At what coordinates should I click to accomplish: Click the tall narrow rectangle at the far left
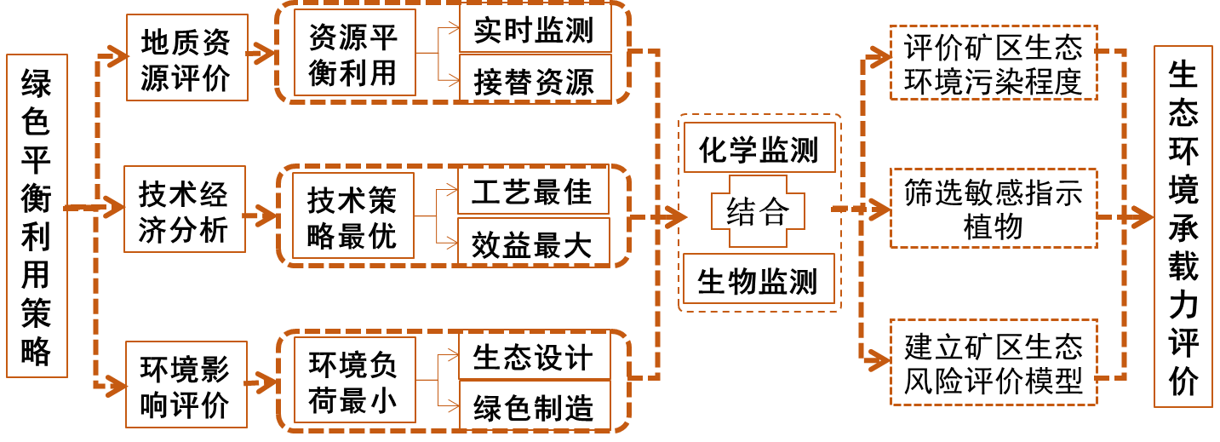tap(37, 215)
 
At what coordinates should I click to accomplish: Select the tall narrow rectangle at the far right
tap(1183, 227)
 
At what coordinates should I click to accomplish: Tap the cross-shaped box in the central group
tap(758, 211)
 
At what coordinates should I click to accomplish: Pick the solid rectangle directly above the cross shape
tap(759, 147)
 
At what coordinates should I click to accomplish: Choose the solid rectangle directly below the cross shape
tap(759, 278)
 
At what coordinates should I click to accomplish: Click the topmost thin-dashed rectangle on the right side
tap(994, 62)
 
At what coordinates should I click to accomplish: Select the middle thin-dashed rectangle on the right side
tap(994, 208)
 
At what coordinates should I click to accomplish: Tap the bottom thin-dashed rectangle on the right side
tap(994, 362)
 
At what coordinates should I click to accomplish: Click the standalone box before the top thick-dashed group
tap(187, 57)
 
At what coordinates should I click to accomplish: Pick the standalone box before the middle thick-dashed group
tap(185, 209)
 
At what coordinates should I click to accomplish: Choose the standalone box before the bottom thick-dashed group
tap(186, 384)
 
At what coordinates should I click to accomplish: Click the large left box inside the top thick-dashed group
tap(355, 52)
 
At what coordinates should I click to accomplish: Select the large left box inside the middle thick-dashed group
tap(353, 215)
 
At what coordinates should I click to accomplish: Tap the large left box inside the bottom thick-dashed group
tap(355, 380)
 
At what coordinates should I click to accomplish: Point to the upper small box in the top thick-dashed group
tap(536, 28)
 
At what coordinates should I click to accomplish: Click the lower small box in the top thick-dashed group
tap(536, 77)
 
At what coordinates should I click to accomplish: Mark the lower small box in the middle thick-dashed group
tap(534, 241)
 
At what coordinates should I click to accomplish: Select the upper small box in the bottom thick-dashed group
tap(535, 356)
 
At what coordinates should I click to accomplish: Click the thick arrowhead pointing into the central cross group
tap(677, 217)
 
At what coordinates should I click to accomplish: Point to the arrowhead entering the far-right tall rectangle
tap(1143, 217)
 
